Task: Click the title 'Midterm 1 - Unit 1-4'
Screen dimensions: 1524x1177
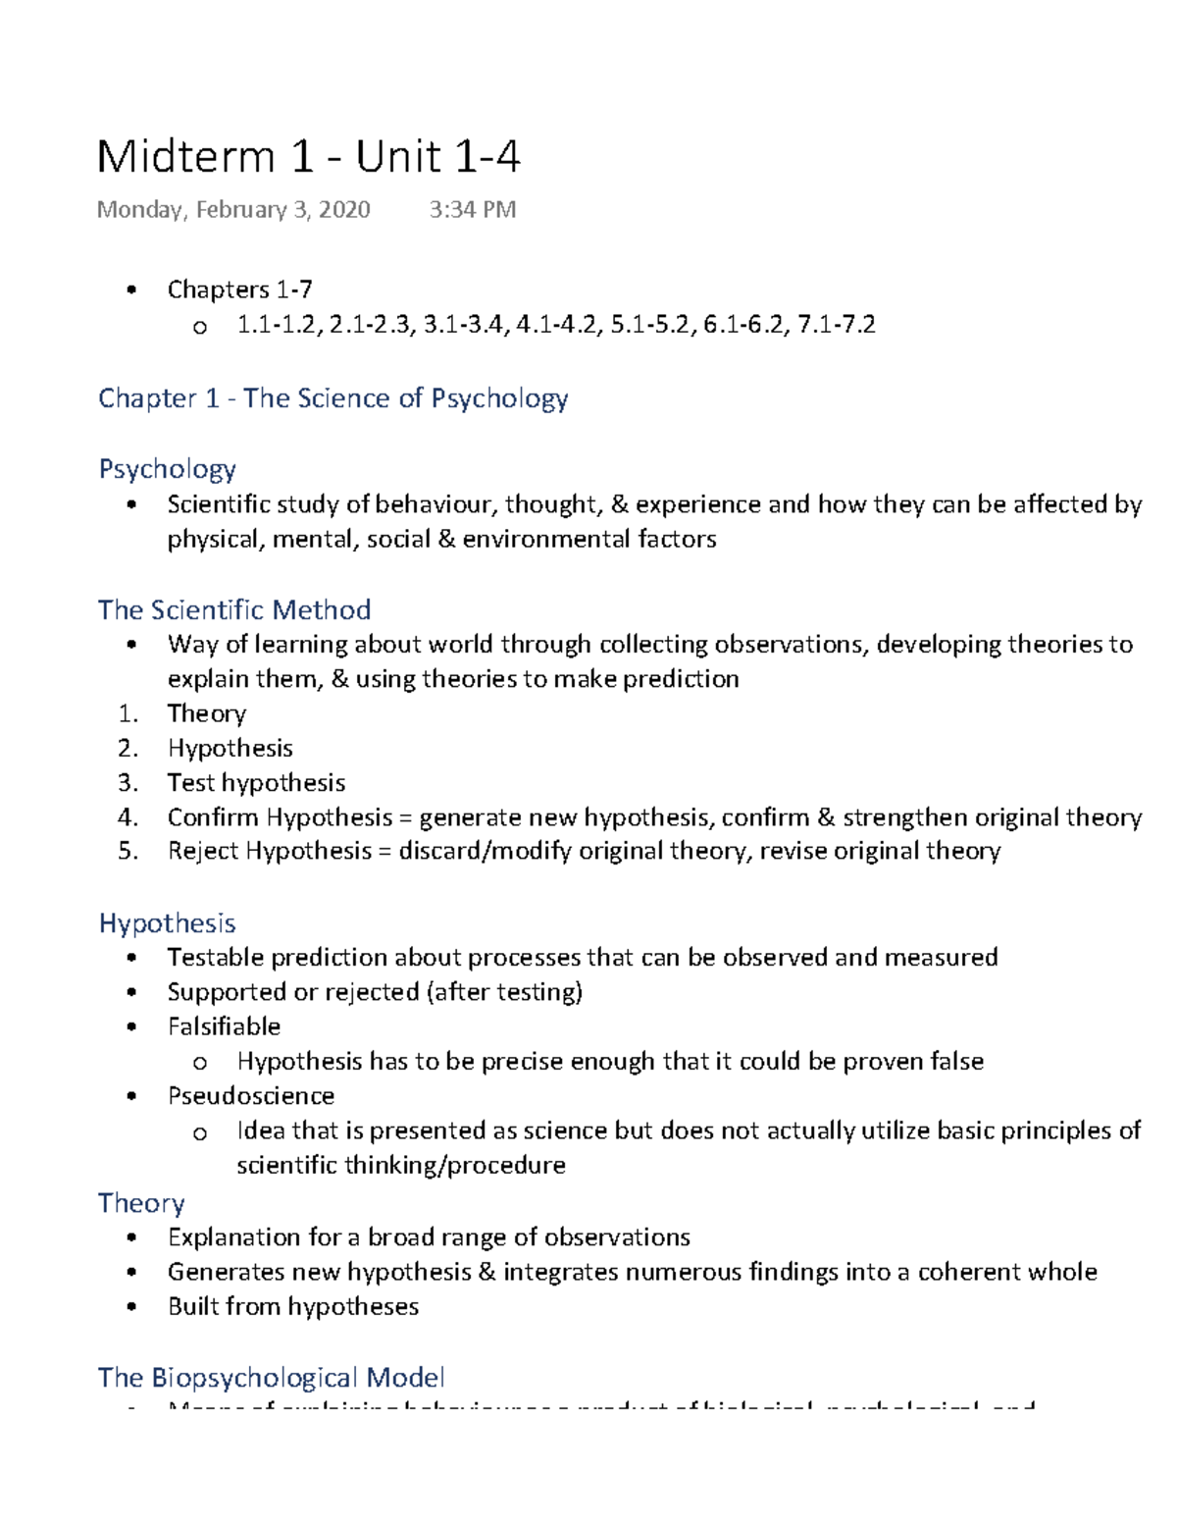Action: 308,157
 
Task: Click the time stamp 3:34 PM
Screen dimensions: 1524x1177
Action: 472,209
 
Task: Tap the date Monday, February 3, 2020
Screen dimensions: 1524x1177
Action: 233,209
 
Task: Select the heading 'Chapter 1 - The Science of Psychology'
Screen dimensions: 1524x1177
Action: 333,397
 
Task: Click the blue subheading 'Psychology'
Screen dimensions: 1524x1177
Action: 167,468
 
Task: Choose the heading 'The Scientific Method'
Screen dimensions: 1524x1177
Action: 234,609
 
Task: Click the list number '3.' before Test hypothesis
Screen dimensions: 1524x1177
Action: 128,782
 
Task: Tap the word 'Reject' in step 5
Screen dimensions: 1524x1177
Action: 202,850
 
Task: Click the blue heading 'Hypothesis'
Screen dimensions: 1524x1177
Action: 167,922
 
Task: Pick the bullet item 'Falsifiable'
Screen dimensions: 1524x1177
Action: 224,1025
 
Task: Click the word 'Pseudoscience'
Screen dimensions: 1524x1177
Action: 251,1095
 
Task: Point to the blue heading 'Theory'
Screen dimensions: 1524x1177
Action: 141,1202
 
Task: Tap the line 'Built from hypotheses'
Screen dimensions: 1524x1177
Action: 293,1306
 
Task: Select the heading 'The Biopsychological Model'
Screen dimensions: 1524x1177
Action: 271,1377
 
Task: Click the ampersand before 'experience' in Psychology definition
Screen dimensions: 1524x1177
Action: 619,504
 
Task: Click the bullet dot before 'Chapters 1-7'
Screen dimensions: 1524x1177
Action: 131,289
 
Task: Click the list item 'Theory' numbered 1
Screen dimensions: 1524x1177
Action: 206,713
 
